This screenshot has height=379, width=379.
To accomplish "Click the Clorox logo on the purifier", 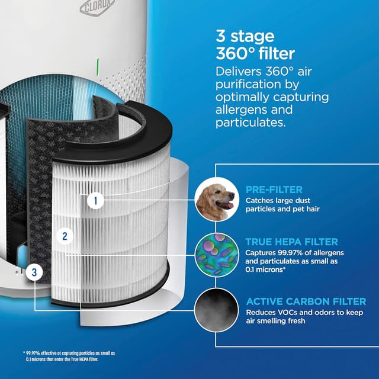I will (x=95, y=8).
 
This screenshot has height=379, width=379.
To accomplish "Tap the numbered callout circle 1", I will (x=95, y=201).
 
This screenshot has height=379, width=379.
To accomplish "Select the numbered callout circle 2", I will (x=65, y=236).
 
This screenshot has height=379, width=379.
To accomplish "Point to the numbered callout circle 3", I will (x=36, y=272).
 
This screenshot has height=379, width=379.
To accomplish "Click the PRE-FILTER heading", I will (x=274, y=190).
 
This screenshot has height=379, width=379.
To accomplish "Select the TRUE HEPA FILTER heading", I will (x=291, y=242).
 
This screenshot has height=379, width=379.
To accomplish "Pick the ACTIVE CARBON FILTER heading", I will (x=306, y=302).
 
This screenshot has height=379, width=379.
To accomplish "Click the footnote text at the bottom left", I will (x=62, y=356).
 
